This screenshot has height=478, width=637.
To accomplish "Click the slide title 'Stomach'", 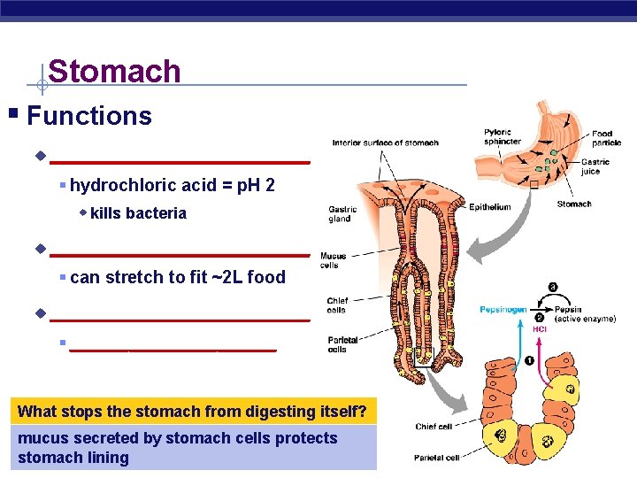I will (x=114, y=72).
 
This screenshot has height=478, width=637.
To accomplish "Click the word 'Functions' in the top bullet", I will (x=89, y=116).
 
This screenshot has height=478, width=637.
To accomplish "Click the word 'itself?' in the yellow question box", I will (x=346, y=411).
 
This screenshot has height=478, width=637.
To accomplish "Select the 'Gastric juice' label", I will (x=595, y=166).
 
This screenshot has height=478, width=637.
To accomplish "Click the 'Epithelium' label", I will (x=489, y=207).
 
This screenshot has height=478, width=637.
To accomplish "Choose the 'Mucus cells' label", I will (x=333, y=260).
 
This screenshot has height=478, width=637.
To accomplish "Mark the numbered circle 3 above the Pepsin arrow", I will (x=553, y=288).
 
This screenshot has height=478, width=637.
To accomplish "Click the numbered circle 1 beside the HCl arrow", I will (x=529, y=360).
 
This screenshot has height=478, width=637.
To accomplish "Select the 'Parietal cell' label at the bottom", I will (x=436, y=458).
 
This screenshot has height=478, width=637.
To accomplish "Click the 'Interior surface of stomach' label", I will (x=385, y=143).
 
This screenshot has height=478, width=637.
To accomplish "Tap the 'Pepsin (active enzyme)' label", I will (x=585, y=314).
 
